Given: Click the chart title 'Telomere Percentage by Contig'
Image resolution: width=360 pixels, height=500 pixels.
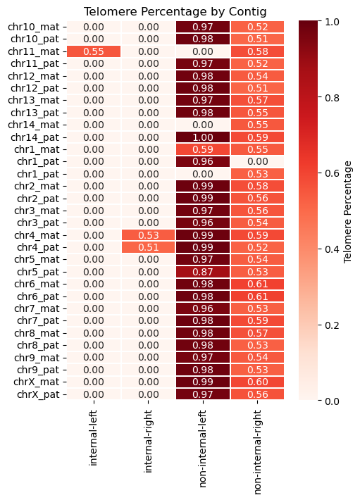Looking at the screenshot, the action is [175, 12].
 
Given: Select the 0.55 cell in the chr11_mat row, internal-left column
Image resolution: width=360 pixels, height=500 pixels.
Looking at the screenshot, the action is [94, 51].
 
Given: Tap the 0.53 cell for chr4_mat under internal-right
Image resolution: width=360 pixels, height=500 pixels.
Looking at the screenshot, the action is [149, 235].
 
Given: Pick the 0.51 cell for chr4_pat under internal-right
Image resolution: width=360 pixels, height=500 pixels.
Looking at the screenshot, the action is [149, 247].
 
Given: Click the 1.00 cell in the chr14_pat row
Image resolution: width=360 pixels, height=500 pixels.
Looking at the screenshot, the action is [203, 137].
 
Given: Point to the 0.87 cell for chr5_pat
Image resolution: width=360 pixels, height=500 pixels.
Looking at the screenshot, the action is [203, 272].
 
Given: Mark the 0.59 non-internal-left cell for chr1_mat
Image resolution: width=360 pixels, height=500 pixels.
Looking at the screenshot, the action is [203, 149].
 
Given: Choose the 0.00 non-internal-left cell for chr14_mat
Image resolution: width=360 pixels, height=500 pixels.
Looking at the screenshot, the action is [203, 125].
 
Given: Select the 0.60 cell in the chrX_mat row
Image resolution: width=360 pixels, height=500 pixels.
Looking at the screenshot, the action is [258, 382].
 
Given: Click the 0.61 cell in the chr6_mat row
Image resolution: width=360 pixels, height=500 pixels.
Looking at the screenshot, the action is [258, 284].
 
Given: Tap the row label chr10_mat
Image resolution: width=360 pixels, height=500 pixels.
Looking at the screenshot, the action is [34, 27].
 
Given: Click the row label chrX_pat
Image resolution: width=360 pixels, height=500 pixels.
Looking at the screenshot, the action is [38, 394].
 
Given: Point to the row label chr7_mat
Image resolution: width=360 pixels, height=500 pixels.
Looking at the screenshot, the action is [37, 308].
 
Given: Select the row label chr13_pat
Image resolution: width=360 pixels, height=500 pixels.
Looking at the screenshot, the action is [35, 113].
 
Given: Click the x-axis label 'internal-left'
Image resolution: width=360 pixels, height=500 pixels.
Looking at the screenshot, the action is [93, 438].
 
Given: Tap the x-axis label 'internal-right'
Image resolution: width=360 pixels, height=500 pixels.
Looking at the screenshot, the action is [148, 441].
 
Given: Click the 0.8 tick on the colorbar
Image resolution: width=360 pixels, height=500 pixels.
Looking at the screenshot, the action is [332, 97].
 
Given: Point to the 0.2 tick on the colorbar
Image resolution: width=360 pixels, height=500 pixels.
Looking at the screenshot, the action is [332, 325].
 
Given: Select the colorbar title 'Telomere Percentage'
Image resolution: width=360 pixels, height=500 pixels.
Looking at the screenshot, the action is [347, 212].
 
